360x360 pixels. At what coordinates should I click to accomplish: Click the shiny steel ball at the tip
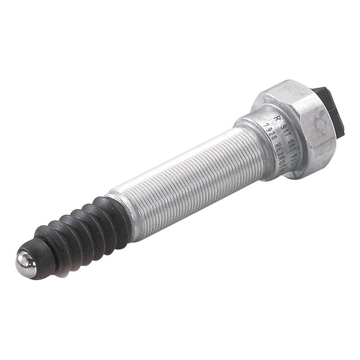[x=26, y=264]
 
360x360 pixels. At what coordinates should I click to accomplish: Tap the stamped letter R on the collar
[x=278, y=118]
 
